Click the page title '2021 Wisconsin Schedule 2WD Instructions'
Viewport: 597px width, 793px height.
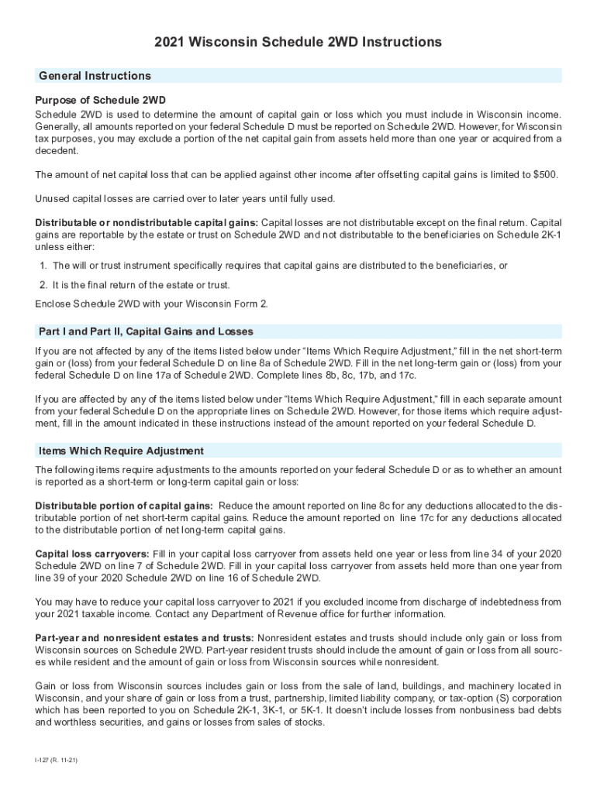298,42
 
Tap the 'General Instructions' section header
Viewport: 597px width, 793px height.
95,76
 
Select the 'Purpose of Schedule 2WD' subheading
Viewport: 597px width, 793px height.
101,101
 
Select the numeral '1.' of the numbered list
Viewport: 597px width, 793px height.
43,266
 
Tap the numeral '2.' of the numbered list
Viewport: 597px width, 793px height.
43,285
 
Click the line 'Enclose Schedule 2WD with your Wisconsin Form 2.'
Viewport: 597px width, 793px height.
152,304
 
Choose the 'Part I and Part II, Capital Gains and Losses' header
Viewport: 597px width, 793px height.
146,331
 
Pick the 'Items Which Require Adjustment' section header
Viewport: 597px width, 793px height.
121,451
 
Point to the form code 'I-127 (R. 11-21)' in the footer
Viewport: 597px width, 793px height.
56,760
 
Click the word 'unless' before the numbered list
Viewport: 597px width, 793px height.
48,247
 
